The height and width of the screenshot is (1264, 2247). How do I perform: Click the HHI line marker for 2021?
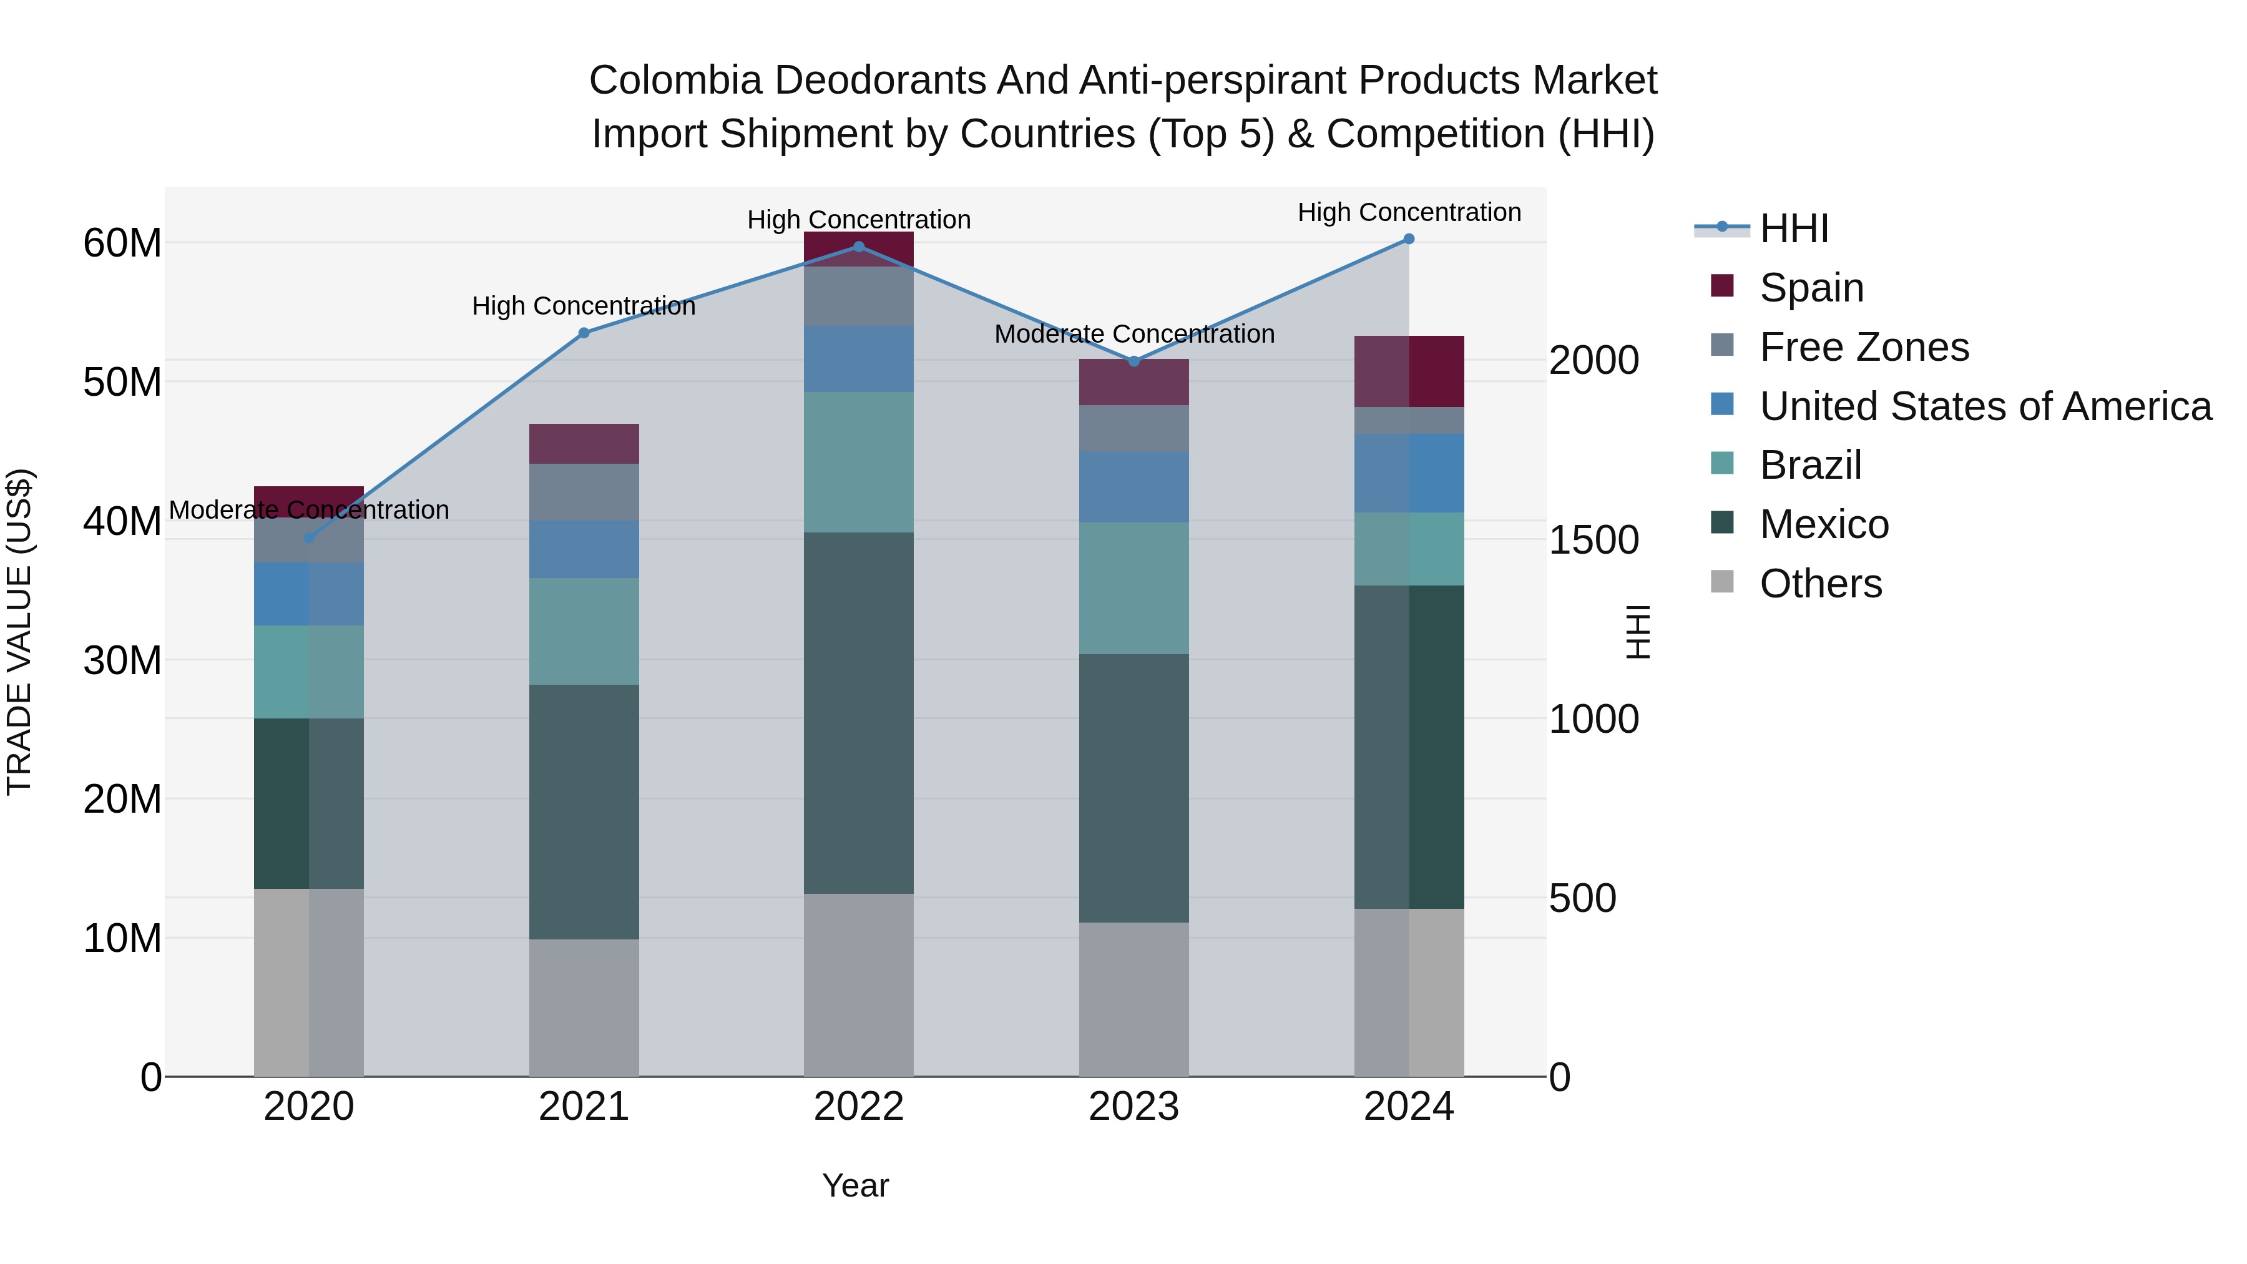[584, 332]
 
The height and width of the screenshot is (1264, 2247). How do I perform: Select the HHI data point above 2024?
[1408, 239]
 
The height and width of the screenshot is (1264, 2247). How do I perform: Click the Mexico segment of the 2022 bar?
[858, 713]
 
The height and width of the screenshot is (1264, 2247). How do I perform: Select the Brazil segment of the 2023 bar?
[1134, 588]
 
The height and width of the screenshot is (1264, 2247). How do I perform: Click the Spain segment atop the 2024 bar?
[1408, 371]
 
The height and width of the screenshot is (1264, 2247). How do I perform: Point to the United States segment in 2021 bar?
[584, 549]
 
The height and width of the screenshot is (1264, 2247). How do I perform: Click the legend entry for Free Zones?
[1863, 347]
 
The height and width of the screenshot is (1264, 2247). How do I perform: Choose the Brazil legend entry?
[1810, 465]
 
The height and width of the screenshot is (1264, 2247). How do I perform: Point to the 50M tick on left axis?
[122, 382]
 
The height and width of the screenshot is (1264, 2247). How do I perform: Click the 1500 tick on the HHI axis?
[1593, 540]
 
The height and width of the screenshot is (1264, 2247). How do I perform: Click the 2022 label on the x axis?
[858, 1107]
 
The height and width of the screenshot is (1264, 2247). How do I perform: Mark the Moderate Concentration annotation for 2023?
[1134, 334]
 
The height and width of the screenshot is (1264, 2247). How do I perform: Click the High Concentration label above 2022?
[858, 220]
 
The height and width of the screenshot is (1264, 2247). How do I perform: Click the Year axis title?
[855, 1185]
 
